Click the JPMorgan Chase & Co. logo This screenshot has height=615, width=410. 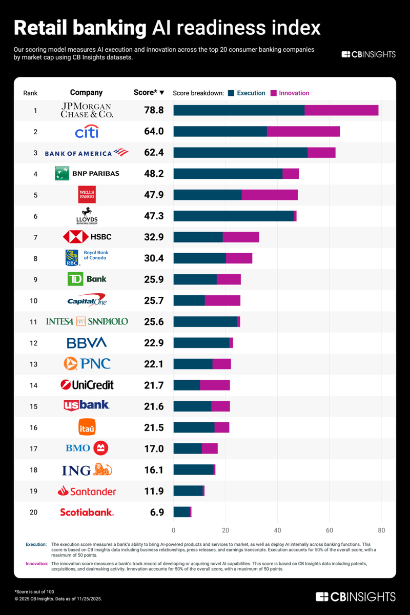coord(87,110)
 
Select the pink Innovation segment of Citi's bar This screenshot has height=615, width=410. coord(303,131)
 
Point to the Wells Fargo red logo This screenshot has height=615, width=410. coord(87,195)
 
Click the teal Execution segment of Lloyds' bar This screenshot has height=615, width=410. coord(234,216)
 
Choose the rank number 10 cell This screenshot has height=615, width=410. coord(33,300)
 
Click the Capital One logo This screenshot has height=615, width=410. coord(87,300)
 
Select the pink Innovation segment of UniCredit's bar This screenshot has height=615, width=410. coord(215,385)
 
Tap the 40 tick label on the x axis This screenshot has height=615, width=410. coord(277,529)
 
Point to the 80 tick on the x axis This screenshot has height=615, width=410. coord(381,529)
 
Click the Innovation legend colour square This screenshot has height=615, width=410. coord(274,93)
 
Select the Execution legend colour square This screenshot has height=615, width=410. coord(231,93)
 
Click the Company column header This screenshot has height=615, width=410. coord(86,93)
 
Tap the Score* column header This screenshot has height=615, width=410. coord(148,93)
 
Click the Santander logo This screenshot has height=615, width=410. coord(87,491)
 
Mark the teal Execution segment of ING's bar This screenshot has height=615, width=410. coord(193,469)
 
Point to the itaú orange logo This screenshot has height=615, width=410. coord(87,427)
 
